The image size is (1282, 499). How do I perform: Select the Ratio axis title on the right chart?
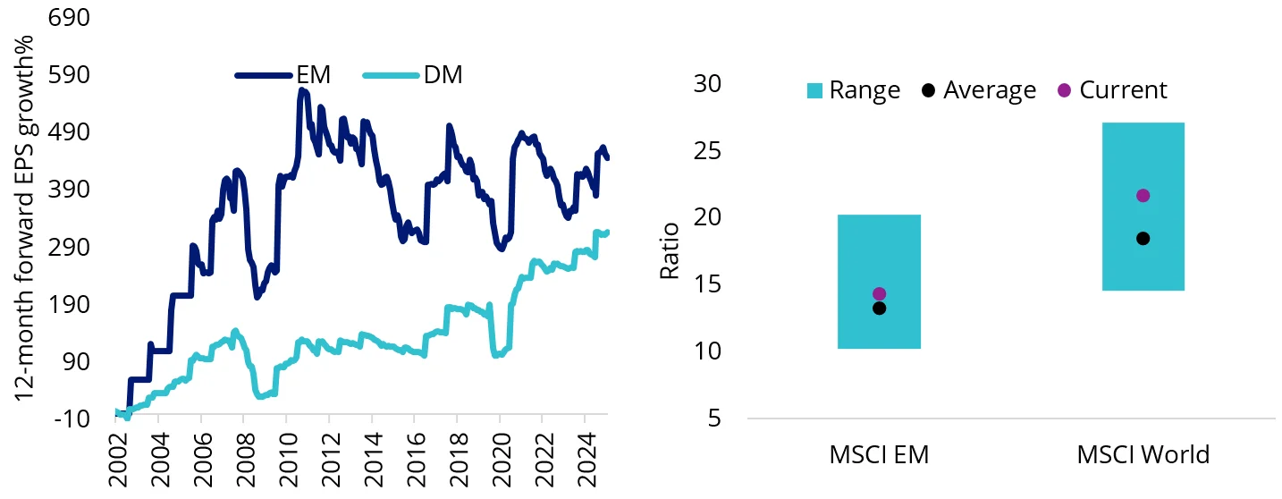pyautogui.click(x=670, y=250)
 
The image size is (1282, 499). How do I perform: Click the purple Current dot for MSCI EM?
pyautogui.click(x=879, y=293)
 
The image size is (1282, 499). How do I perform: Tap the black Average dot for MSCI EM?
pyautogui.click(x=879, y=309)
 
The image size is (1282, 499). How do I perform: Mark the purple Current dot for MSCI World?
pyautogui.click(x=1143, y=196)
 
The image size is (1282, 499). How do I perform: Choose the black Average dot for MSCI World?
pyautogui.click(x=1143, y=239)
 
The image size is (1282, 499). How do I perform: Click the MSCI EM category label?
pyautogui.click(x=879, y=454)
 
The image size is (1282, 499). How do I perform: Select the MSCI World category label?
pyautogui.click(x=1143, y=454)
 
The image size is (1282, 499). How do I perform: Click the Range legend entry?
pyautogui.click(x=853, y=90)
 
